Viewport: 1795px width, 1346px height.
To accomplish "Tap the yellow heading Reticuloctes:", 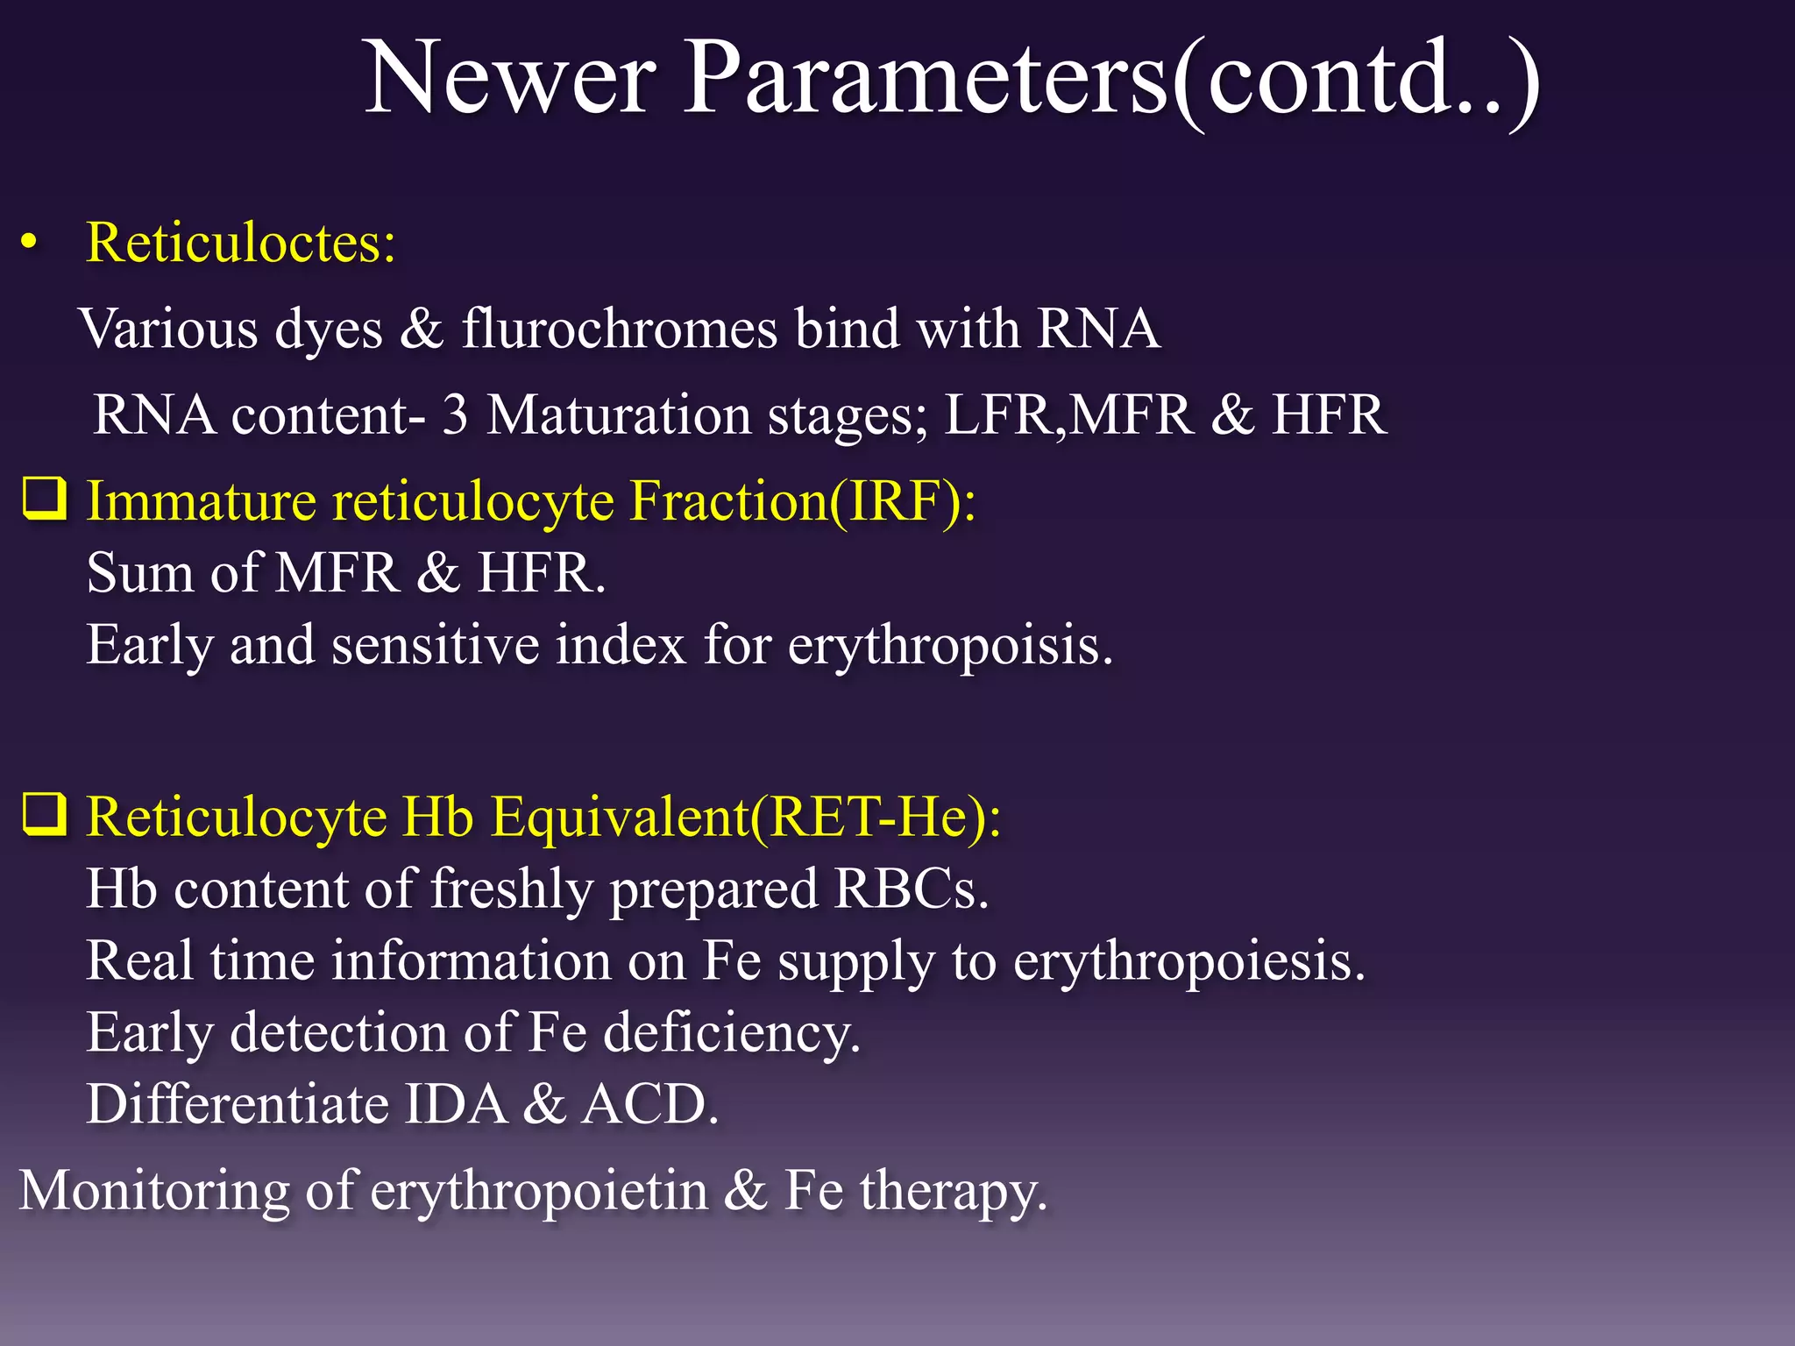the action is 240,242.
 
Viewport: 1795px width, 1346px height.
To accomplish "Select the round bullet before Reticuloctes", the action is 30,244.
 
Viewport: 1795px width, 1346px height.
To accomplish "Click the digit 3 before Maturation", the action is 455,414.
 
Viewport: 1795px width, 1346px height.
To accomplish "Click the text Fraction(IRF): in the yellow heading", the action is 802,501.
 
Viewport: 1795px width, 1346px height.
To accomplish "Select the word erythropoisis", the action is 950,645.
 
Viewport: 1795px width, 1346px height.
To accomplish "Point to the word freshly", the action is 512,889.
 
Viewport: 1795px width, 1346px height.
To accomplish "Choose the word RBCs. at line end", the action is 911,889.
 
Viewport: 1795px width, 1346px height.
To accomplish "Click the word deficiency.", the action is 732,1033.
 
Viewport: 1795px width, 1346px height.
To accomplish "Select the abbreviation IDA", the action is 456,1104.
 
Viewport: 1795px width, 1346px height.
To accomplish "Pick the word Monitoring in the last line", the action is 154,1192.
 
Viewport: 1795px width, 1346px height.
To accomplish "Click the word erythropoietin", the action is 539,1192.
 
